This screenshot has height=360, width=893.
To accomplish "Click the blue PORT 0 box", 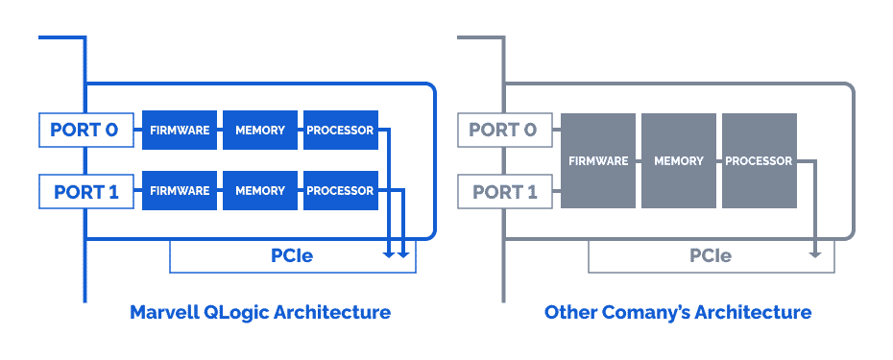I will point(85,131).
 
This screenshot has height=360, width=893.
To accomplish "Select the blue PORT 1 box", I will point(85,191).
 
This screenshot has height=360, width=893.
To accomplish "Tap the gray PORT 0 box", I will point(504,131).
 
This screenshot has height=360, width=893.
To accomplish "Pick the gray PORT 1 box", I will point(504,191).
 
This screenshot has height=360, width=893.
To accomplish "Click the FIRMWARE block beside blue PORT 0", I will point(179,131).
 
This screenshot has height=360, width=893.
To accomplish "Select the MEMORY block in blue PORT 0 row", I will point(259,131).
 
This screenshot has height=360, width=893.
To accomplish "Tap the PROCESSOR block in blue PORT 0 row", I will point(340,131).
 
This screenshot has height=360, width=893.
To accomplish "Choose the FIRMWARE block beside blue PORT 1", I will point(179,191).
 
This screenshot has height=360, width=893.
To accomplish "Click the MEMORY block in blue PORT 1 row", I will point(259,191).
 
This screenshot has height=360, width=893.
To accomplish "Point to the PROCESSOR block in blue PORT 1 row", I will point(340,191).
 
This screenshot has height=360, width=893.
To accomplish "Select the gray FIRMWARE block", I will point(598,160).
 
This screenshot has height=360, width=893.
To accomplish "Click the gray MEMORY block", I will point(679,160).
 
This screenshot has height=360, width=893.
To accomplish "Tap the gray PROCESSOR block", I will point(759,160).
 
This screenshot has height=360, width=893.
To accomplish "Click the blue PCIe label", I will point(292,256).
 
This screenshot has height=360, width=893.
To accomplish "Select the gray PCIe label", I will point(711,256).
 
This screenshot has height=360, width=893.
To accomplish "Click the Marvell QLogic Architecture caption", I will point(259,313).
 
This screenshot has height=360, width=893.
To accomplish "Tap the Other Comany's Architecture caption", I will point(677,313).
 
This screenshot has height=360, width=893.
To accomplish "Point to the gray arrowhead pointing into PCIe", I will point(815,253).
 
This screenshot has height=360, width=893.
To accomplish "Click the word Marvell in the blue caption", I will point(164,313).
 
